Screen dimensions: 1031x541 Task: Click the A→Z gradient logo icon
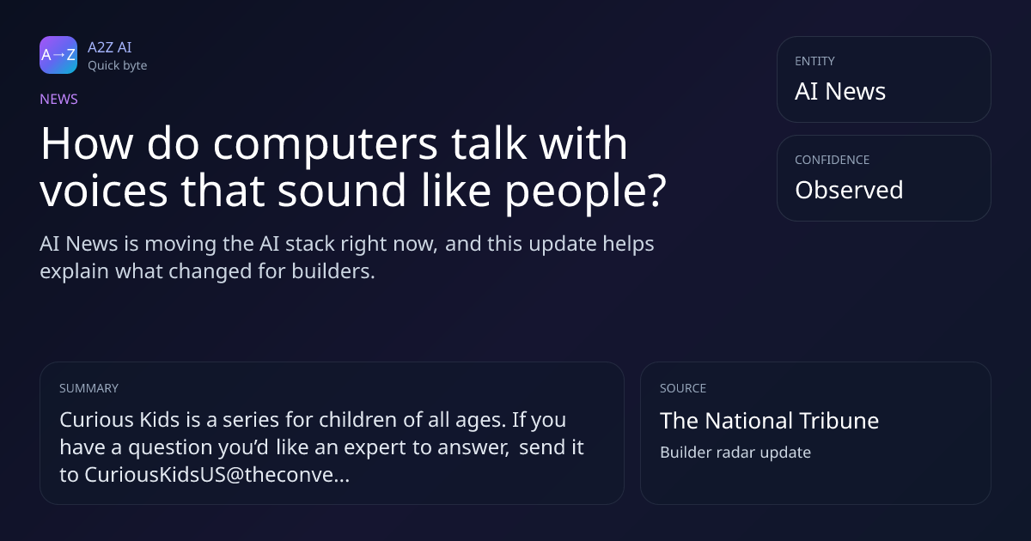[x=58, y=55]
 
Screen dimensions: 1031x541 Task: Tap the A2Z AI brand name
[x=110, y=47]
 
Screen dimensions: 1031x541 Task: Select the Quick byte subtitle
[x=118, y=66]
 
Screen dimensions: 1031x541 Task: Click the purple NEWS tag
[x=58, y=99]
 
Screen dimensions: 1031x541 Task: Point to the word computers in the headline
[x=325, y=144]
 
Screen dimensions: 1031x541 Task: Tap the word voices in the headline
[x=104, y=191]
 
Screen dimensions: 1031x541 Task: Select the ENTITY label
[x=814, y=61]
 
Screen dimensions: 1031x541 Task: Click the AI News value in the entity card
[x=840, y=91]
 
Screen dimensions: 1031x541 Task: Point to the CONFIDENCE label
[x=833, y=160]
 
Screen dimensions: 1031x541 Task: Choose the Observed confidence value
[x=849, y=190]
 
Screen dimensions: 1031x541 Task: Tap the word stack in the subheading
[x=310, y=244]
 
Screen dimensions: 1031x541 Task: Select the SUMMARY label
[x=88, y=388]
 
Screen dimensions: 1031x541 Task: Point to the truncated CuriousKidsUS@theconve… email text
[x=217, y=475]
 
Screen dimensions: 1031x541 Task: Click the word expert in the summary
[x=375, y=447]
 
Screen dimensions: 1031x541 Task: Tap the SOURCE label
[x=682, y=388]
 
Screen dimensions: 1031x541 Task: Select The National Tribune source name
[x=769, y=421]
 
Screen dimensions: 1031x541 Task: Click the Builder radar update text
[x=735, y=453]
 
